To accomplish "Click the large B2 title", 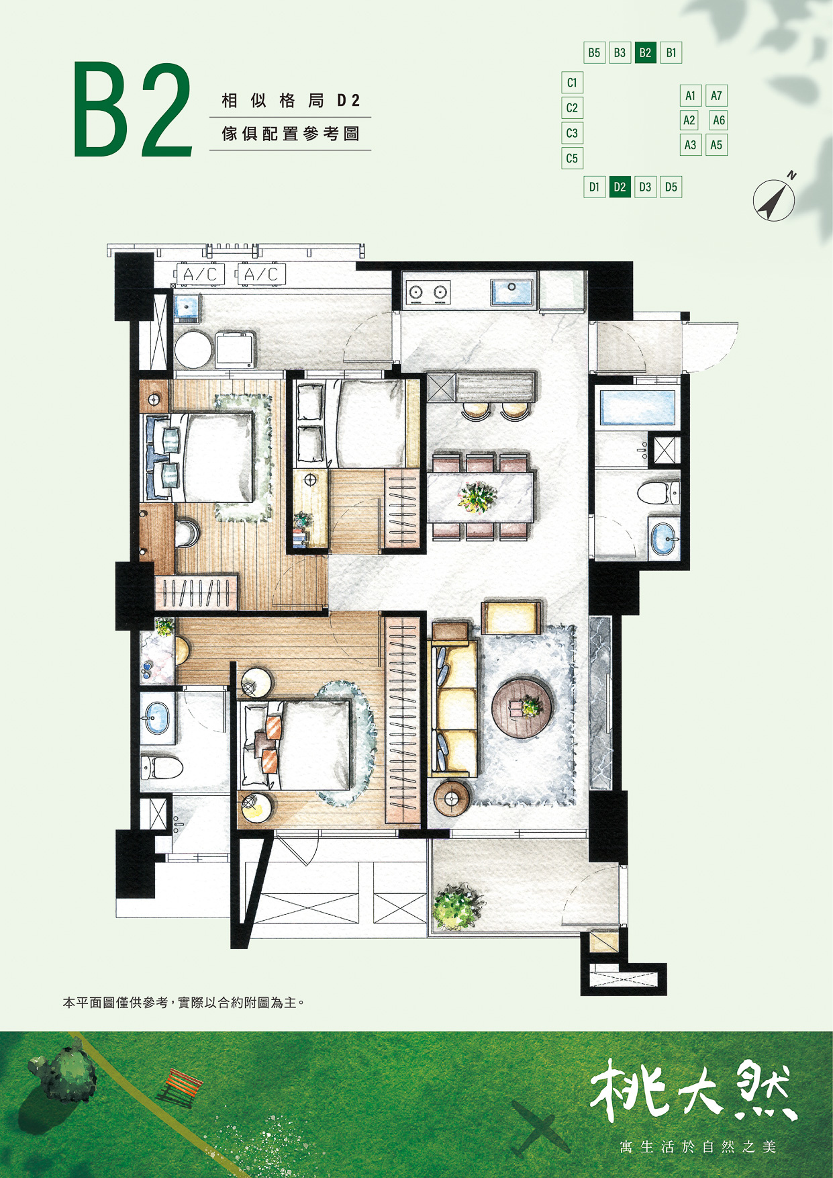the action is pyautogui.click(x=133, y=109).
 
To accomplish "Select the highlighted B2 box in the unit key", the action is pyautogui.click(x=645, y=52).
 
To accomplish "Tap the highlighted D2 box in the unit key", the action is pyautogui.click(x=620, y=187).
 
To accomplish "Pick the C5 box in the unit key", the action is pyautogui.click(x=572, y=158).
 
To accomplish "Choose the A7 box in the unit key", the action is pyautogui.click(x=716, y=95).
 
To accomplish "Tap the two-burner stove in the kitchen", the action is pyautogui.click(x=428, y=292).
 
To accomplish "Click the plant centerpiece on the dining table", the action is pyautogui.click(x=477, y=498).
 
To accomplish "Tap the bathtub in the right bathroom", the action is pyautogui.click(x=637, y=407).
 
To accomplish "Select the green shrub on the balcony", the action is pyautogui.click(x=457, y=906).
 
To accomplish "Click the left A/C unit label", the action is pyautogui.click(x=200, y=274).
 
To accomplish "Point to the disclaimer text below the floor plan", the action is pyautogui.click(x=184, y=1003).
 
